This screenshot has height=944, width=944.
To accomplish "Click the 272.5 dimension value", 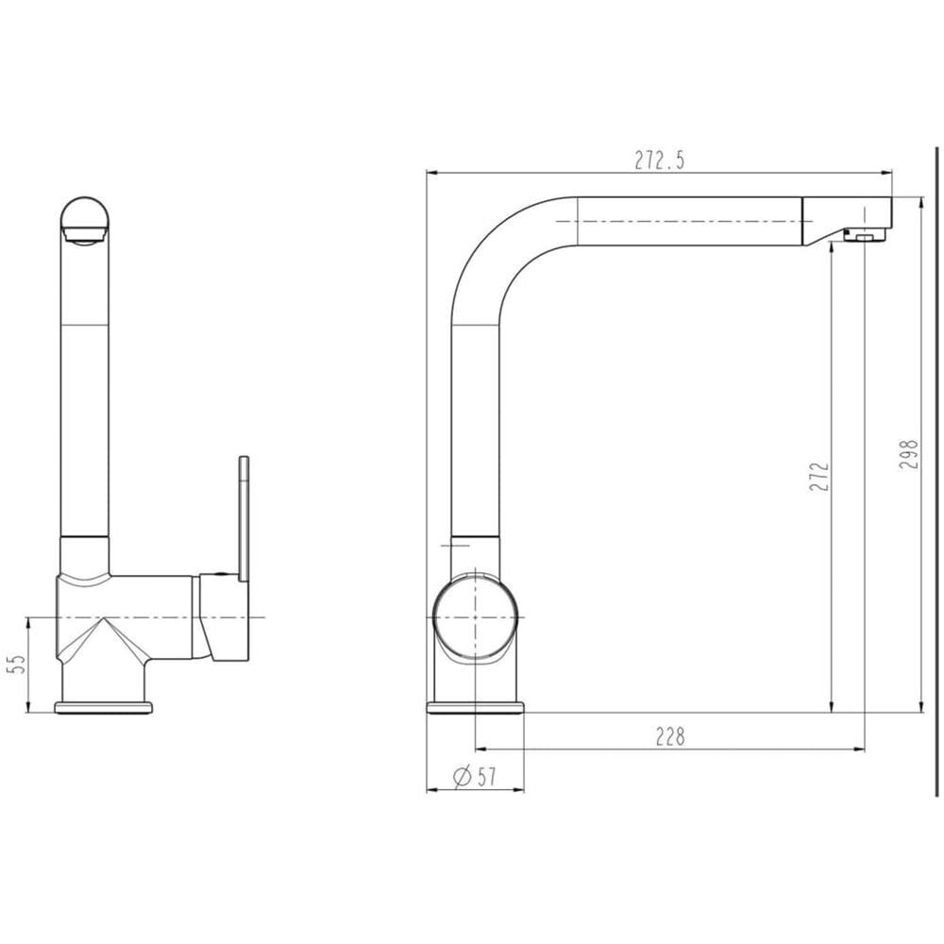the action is point(659,160).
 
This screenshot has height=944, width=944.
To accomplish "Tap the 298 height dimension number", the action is point(909,455).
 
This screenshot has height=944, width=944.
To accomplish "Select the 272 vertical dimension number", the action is point(819,477).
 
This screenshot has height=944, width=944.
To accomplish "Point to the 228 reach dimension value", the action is point(669,736).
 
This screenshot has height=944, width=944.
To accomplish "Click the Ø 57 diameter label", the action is point(475,777).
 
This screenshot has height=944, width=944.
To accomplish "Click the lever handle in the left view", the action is point(244,519).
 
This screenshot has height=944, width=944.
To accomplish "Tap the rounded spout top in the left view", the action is point(85,221).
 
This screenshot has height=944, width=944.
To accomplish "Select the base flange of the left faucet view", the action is point(102,707).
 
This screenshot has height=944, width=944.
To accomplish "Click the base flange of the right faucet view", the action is point(475,707).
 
